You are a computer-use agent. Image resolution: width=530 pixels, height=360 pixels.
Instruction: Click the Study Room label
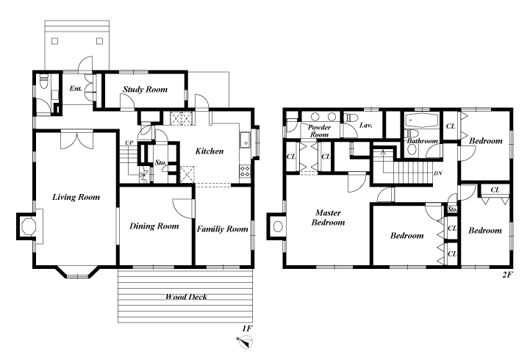[145, 90]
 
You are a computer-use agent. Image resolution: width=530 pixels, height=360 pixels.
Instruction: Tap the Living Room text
[76, 197]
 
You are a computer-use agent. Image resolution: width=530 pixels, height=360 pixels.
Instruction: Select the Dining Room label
[154, 226]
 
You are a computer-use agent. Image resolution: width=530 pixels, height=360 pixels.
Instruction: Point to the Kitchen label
[210, 151]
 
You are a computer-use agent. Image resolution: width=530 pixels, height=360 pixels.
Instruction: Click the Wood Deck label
[186, 297]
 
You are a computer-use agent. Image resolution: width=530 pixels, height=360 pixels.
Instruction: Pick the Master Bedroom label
[328, 217]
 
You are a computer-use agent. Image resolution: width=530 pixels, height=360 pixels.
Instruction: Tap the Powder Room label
[319, 131]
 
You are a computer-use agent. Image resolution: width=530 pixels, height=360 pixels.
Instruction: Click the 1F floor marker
[247, 328]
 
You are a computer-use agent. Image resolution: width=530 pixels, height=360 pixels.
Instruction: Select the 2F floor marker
[507, 275]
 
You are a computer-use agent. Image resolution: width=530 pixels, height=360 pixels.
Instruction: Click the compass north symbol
[246, 342]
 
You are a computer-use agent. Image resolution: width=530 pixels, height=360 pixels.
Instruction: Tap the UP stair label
[129, 143]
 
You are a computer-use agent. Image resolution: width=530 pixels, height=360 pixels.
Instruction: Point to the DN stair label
[437, 173]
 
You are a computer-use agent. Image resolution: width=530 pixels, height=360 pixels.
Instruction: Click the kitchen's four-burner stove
[245, 171]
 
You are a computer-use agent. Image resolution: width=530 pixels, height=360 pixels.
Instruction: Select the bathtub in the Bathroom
[421, 120]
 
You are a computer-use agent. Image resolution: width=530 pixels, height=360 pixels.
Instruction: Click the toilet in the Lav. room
[351, 118]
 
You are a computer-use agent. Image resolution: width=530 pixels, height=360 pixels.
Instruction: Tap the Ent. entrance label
[76, 88]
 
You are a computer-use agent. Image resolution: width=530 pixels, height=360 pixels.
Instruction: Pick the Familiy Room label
[223, 229]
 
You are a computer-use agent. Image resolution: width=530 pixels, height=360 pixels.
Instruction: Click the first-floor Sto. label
[161, 163]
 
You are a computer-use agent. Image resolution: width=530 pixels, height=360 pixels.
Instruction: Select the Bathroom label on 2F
[423, 141]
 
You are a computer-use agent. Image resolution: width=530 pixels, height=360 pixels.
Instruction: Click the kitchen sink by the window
[245, 140]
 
